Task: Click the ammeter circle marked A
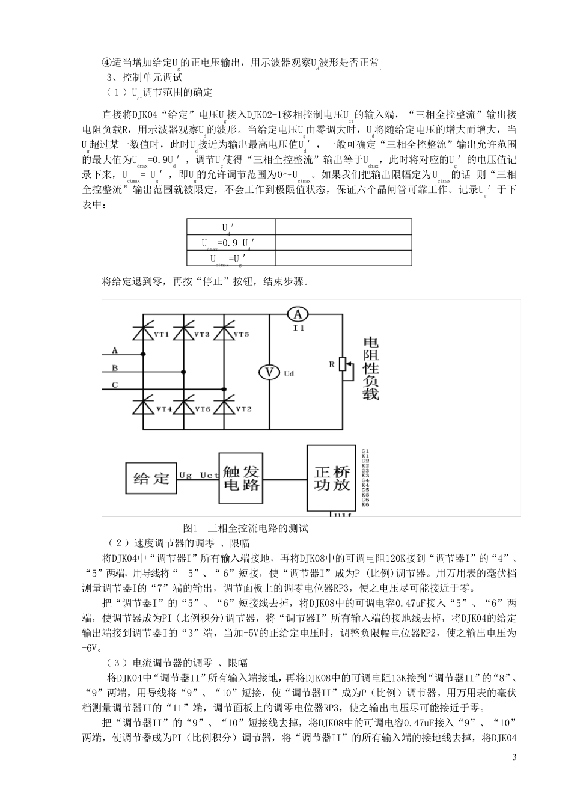coord(297,314)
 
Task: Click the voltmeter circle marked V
coord(270,372)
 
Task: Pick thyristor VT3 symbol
coord(184,333)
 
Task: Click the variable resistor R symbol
coord(343,364)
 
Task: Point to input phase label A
coord(115,350)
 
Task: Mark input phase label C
coord(115,385)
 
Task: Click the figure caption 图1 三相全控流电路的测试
coord(245,528)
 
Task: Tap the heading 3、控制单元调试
coord(144,78)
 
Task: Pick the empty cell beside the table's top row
coord(343,227)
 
